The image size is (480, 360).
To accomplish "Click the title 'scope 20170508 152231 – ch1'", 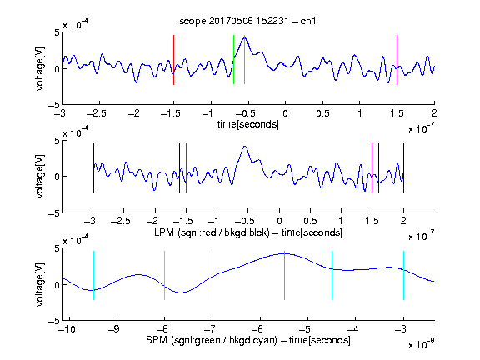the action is [x=247, y=21].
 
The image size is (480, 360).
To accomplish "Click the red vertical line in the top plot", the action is [x=173, y=60].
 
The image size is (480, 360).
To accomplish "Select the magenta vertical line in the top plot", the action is [x=397, y=60].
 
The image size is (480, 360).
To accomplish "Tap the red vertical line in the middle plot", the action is [x=186, y=167].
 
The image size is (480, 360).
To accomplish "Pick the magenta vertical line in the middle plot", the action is [x=372, y=167].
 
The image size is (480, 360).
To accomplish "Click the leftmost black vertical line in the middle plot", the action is [x=93, y=167].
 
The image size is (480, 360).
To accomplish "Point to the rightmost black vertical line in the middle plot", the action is [x=403, y=167].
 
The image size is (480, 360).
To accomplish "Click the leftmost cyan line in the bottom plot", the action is [x=93, y=275].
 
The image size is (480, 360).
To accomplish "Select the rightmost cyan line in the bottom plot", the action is [x=403, y=275].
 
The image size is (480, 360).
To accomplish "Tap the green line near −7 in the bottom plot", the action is [x=212, y=275].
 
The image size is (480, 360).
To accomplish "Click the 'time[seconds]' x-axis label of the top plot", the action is [x=248, y=124].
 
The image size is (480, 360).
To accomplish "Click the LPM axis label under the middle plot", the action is [x=248, y=232].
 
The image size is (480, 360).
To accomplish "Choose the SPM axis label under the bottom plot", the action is [x=248, y=340].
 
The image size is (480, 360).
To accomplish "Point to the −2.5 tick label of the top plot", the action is [x=96, y=114].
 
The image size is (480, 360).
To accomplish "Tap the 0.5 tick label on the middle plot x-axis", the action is [x=310, y=221].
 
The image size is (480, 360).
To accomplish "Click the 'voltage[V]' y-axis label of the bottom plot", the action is [x=40, y=285].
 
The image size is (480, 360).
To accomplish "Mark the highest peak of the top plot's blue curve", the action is [x=245, y=37].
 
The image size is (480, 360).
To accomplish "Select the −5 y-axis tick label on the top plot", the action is [x=54, y=106].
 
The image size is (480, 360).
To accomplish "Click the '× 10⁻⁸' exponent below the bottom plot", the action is [x=422, y=345].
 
